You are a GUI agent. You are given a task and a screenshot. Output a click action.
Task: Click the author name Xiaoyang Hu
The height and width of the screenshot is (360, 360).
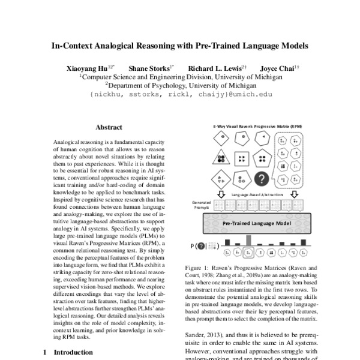94,68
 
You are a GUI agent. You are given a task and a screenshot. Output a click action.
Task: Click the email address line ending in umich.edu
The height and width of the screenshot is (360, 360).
180,94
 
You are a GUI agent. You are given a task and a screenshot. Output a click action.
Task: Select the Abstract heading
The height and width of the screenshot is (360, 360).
109,127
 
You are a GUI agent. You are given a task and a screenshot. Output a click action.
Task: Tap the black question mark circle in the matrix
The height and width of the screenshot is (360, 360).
262,178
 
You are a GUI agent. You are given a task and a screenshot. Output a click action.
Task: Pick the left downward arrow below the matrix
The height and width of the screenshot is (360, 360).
221,195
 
